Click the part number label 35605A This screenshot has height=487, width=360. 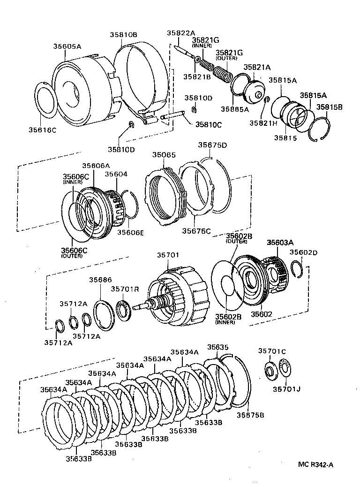pyautogui.click(x=67, y=46)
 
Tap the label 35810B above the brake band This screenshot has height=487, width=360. pyautogui.click(x=124, y=35)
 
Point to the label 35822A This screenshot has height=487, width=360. pyautogui.click(x=180, y=33)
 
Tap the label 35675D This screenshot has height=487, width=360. pyautogui.click(x=212, y=145)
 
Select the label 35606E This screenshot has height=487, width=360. pyautogui.click(x=130, y=232)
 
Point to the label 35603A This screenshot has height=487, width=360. pyautogui.click(x=280, y=243)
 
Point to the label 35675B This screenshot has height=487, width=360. pyautogui.click(x=250, y=415)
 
